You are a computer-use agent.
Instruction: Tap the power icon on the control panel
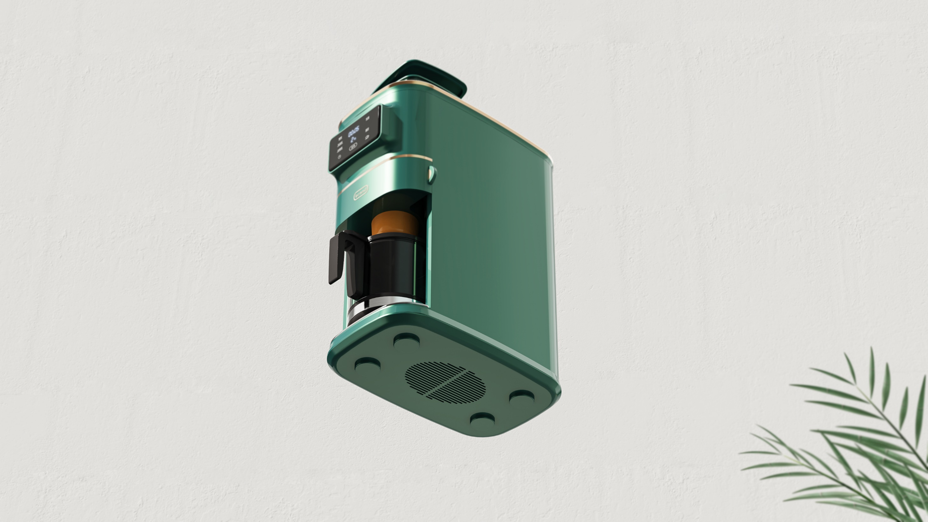[x=339, y=157]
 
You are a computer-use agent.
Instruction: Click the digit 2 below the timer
[x=352, y=140]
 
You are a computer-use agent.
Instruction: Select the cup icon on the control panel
[x=367, y=137]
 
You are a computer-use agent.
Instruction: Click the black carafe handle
[x=338, y=258]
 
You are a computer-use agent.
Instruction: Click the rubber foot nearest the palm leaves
[x=522, y=398]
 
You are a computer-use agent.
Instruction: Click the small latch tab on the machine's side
[x=431, y=174]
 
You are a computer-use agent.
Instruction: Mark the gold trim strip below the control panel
[x=404, y=157]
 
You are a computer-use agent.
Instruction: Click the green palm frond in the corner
[x=859, y=441]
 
